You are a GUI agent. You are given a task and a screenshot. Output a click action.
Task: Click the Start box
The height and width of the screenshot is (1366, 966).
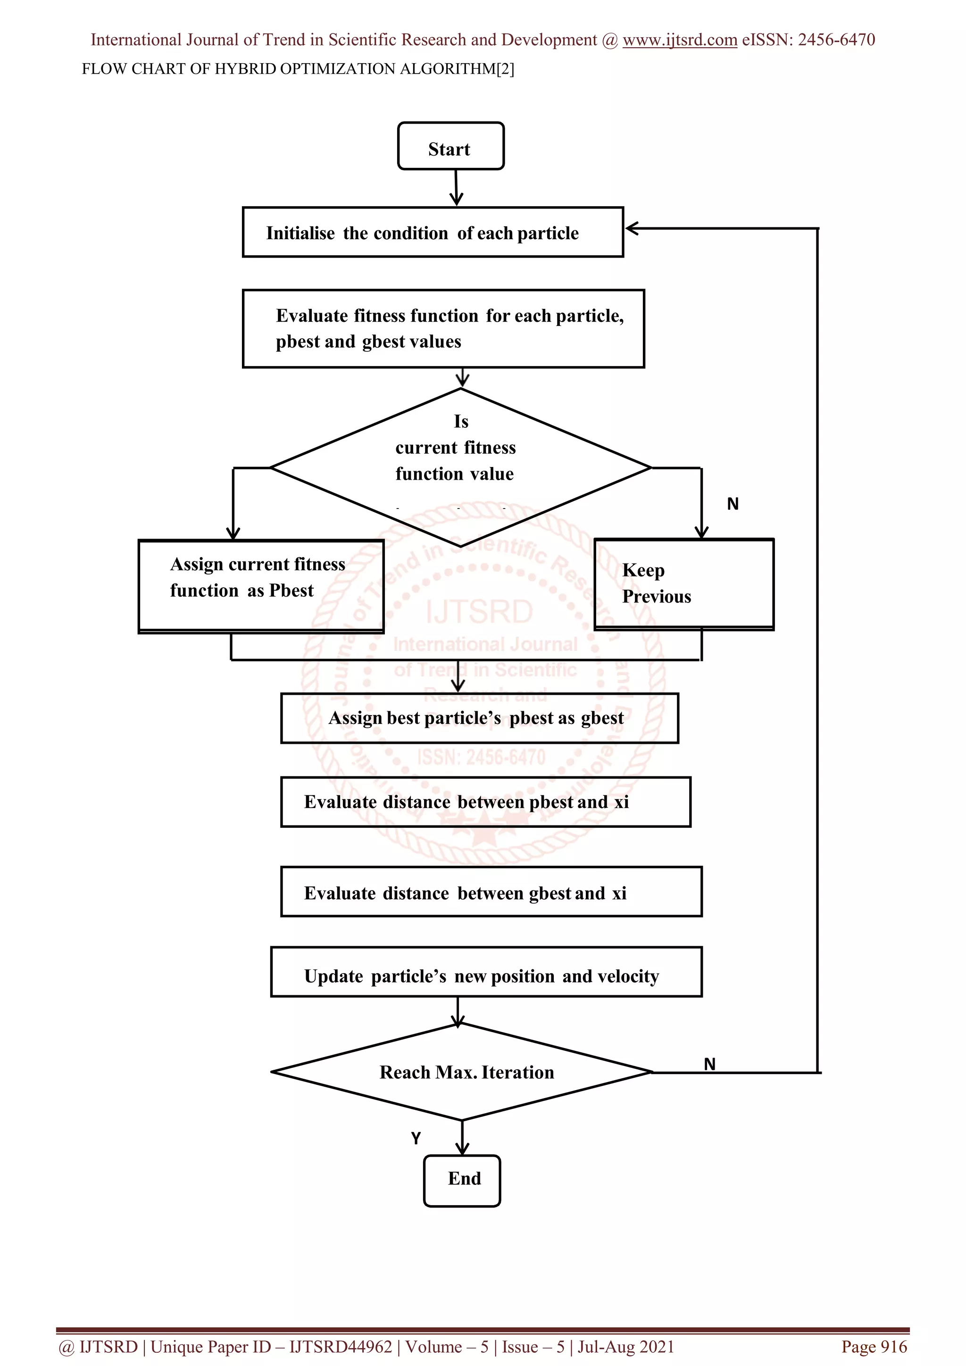(x=450, y=146)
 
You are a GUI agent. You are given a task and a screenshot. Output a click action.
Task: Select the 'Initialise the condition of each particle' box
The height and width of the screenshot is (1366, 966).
(x=433, y=232)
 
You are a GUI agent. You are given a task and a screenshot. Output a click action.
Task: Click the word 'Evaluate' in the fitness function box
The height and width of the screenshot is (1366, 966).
(x=312, y=316)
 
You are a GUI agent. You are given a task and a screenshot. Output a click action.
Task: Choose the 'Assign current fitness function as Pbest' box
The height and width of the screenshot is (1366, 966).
(x=260, y=585)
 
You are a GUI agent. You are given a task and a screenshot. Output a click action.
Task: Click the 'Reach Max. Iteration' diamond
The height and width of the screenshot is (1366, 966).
(x=462, y=1072)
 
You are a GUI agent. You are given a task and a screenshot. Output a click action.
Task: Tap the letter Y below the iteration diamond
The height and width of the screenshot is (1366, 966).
(x=416, y=1138)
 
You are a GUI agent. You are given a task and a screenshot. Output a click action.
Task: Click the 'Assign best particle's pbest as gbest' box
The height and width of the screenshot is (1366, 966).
(x=479, y=718)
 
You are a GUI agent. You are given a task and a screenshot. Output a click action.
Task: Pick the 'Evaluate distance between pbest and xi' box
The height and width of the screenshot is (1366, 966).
(x=485, y=802)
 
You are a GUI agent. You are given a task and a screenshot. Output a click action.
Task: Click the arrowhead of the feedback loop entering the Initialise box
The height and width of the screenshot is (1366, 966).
(x=632, y=228)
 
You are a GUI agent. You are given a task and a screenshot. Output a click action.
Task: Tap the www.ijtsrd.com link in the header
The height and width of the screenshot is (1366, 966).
(x=679, y=40)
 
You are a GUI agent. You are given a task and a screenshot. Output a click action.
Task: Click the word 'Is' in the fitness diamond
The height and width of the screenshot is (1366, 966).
(x=461, y=421)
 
